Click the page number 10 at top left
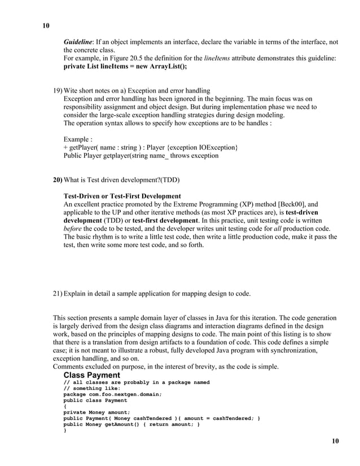[46, 26]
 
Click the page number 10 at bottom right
[335, 441]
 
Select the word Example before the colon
[77, 139]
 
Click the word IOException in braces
[215, 147]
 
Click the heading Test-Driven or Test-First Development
[122, 196]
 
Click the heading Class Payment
[91, 375]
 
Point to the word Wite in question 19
[72, 90]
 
